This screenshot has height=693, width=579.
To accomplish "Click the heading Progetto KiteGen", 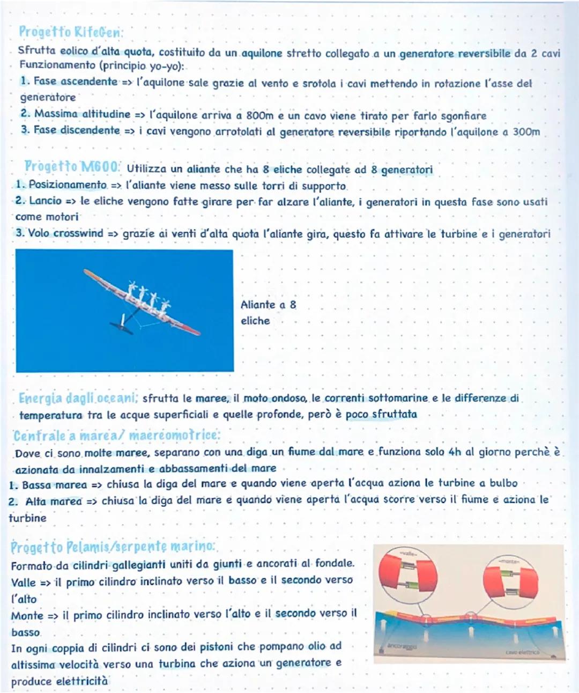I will pyautogui.click(x=71, y=32).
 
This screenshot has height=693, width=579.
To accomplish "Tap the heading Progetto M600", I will pyautogui.click(x=72, y=167).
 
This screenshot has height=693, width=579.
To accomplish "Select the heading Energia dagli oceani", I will pyautogui.click(x=78, y=399).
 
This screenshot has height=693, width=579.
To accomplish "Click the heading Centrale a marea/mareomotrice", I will pyautogui.click(x=116, y=435).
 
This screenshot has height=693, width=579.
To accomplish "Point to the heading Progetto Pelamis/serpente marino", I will pyautogui.click(x=113, y=547).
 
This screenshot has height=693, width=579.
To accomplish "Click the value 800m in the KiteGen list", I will pyautogui.click(x=260, y=116).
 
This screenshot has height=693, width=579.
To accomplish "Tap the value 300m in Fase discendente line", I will pyautogui.click(x=526, y=132).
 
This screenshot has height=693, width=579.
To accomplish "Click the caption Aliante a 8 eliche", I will pyautogui.click(x=268, y=312).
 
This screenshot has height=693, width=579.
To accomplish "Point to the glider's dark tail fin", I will pyautogui.click(x=122, y=325).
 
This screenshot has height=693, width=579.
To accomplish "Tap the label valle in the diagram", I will pyautogui.click(x=409, y=552).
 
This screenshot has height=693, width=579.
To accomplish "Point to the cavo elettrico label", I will pyautogui.click(x=522, y=652).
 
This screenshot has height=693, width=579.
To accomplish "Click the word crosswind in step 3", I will pyautogui.click(x=78, y=233).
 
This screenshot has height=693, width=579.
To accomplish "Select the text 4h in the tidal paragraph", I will pyautogui.click(x=455, y=452).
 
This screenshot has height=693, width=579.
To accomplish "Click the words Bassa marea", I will pyautogui.click(x=54, y=485).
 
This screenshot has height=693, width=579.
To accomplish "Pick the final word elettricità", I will pyautogui.click(x=82, y=681).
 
